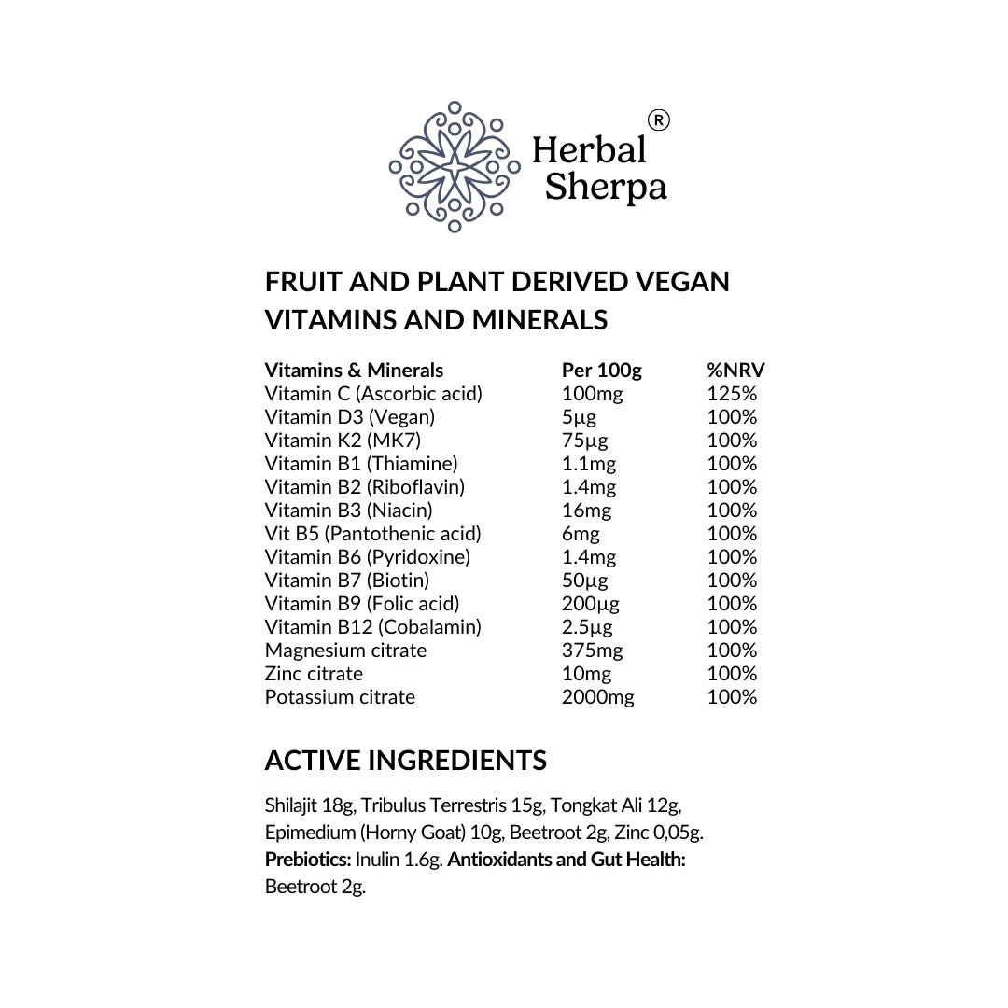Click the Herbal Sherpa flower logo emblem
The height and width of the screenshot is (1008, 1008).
pyautogui.click(x=455, y=166)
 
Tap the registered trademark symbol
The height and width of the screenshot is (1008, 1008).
pyautogui.click(x=658, y=120)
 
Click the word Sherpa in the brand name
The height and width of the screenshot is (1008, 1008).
pyautogui.click(x=605, y=188)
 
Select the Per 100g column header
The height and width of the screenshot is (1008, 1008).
pyautogui.click(x=601, y=371)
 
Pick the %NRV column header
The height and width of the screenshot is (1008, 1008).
pyautogui.click(x=735, y=371)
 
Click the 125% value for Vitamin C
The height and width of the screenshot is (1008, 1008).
pyautogui.click(x=732, y=394)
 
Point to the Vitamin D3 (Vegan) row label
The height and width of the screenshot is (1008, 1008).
pyautogui.click(x=349, y=417)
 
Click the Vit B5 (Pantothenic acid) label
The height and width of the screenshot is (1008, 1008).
pyautogui.click(x=372, y=534)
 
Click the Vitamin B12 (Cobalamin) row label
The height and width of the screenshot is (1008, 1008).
pyautogui.click(x=372, y=627)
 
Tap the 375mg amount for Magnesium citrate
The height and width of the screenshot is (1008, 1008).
pyautogui.click(x=592, y=651)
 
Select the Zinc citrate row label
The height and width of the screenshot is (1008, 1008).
pyautogui.click(x=314, y=674)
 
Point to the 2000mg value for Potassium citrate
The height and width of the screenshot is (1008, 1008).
pyautogui.click(x=597, y=697)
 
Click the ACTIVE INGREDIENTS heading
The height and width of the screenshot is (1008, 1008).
pyautogui.click(x=405, y=761)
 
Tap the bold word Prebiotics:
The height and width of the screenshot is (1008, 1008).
pyautogui.click(x=308, y=860)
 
